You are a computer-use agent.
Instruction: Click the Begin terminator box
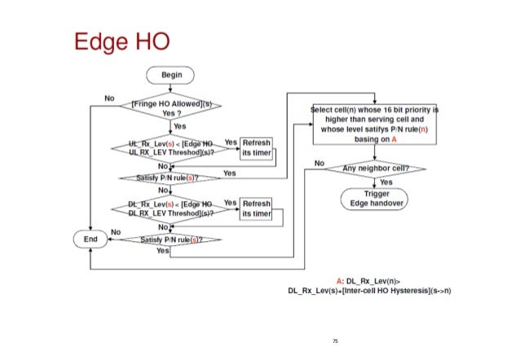171,74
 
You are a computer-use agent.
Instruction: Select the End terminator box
90,239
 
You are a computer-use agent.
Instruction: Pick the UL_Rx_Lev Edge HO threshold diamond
171,147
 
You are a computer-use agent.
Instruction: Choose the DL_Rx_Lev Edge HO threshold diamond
171,206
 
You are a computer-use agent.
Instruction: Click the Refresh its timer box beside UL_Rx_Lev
256,147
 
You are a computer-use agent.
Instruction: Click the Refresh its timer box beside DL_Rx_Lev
256,208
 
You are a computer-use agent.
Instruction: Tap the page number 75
335,340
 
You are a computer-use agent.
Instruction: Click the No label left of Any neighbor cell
320,163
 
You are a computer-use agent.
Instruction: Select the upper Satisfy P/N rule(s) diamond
171,177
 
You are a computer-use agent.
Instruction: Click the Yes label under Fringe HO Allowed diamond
180,126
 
